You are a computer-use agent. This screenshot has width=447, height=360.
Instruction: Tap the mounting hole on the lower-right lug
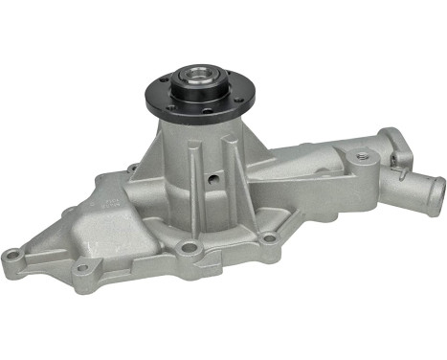pos(271,237)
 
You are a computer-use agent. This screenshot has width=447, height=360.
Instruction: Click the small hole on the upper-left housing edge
pos(131,169)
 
